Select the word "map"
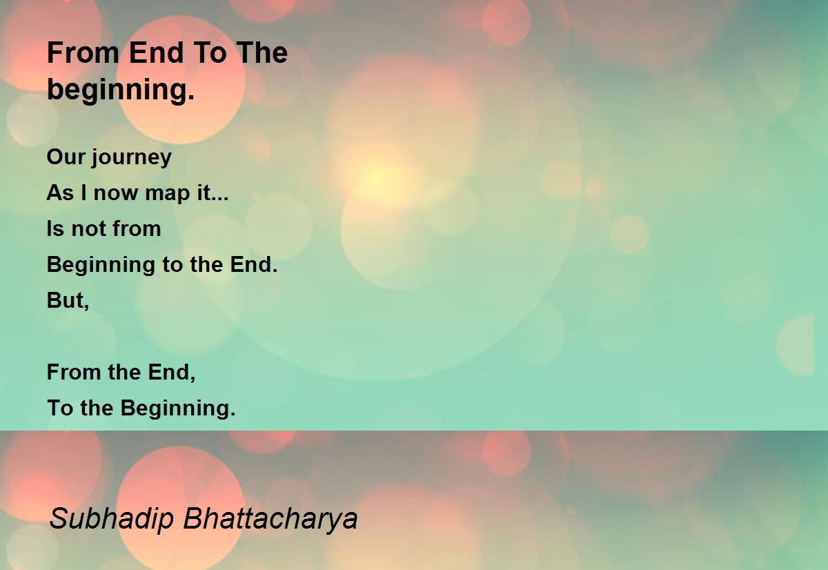(168, 194)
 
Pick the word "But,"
(68, 300)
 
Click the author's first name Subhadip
(112, 519)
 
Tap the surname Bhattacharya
(270, 519)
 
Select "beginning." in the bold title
(121, 90)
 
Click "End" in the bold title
(157, 53)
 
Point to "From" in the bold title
(83, 53)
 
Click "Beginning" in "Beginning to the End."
(101, 266)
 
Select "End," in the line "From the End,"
(172, 373)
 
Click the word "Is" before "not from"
(55, 229)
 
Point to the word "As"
(60, 193)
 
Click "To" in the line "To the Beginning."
(60, 409)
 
